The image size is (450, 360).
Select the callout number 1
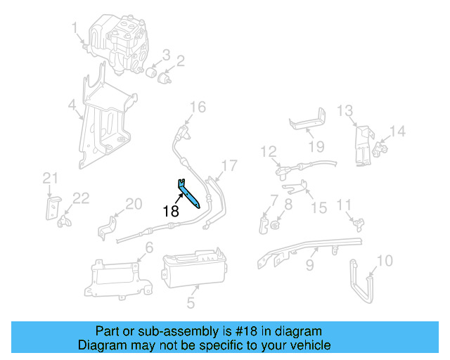tap(75, 28)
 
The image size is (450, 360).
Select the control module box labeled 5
tap(194, 271)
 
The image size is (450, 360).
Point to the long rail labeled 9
tap(309, 250)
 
